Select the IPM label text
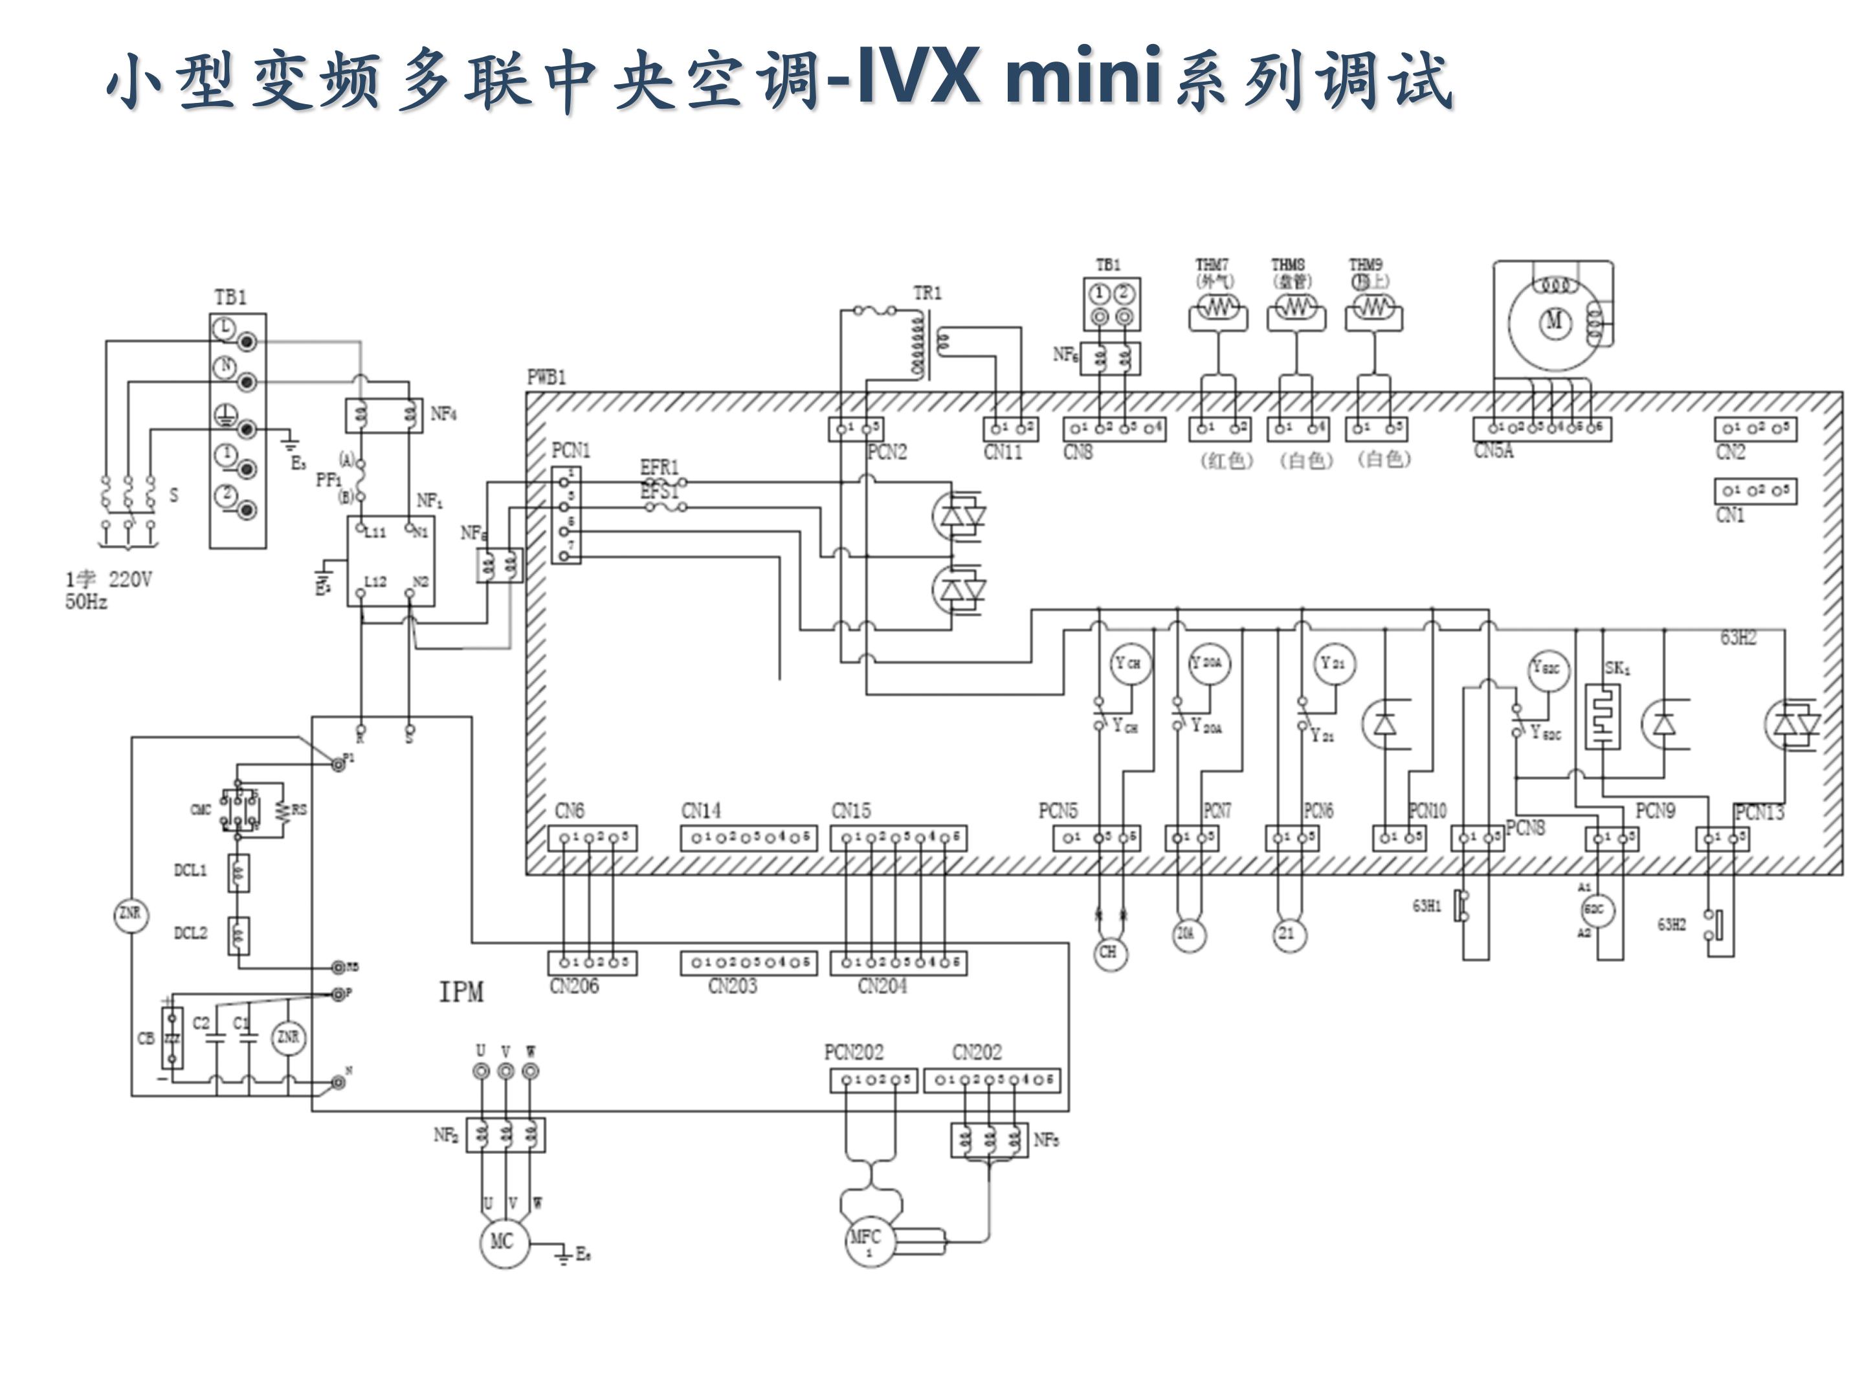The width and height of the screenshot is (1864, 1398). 461,992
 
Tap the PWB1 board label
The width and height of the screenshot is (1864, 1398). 546,377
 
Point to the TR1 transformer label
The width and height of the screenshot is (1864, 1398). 927,293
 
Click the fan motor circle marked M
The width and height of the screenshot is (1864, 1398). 1554,321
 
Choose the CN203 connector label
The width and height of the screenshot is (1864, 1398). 732,986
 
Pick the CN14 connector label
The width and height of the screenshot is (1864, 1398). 701,811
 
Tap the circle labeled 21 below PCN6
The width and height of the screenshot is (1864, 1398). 1287,934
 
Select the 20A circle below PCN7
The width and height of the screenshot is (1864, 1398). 1186,934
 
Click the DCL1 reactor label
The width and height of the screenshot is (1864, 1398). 190,870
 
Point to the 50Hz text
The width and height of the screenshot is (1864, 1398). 87,602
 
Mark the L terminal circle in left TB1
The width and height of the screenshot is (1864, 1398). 224,329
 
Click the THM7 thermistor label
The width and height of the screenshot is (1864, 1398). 1212,265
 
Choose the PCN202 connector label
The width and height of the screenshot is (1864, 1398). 854,1052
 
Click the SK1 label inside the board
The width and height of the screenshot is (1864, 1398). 1617,668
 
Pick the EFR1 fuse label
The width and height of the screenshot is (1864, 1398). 659,467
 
